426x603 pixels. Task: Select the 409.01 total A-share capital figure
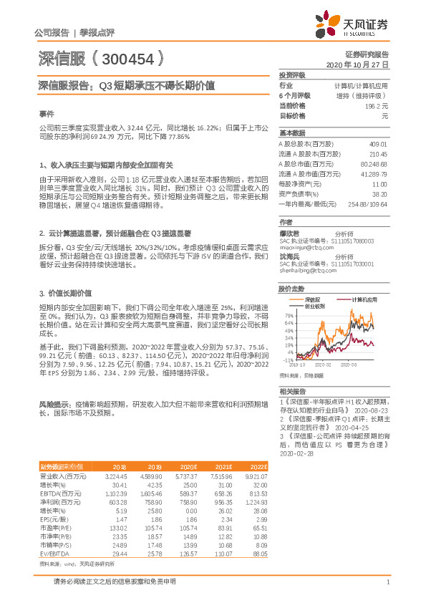click(378, 144)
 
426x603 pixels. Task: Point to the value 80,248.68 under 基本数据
click(373, 164)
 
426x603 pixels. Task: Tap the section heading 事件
click(45, 114)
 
